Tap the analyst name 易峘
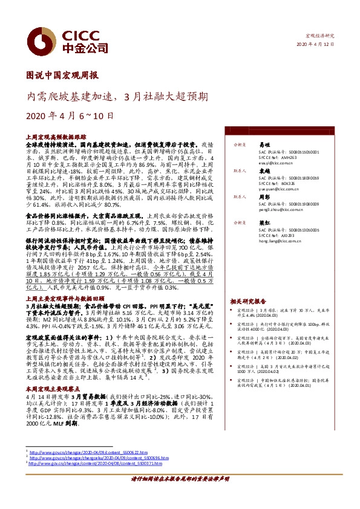coord(263,146)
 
